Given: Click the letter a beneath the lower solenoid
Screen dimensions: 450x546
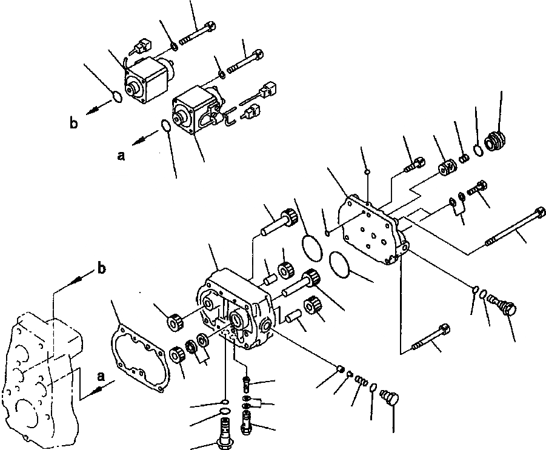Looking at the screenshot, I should point(121,156).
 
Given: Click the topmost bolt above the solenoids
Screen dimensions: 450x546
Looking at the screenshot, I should point(198,34).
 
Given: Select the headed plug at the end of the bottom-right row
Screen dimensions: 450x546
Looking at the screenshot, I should point(388,397).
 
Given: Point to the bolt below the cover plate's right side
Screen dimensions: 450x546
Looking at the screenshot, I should point(431,339).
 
